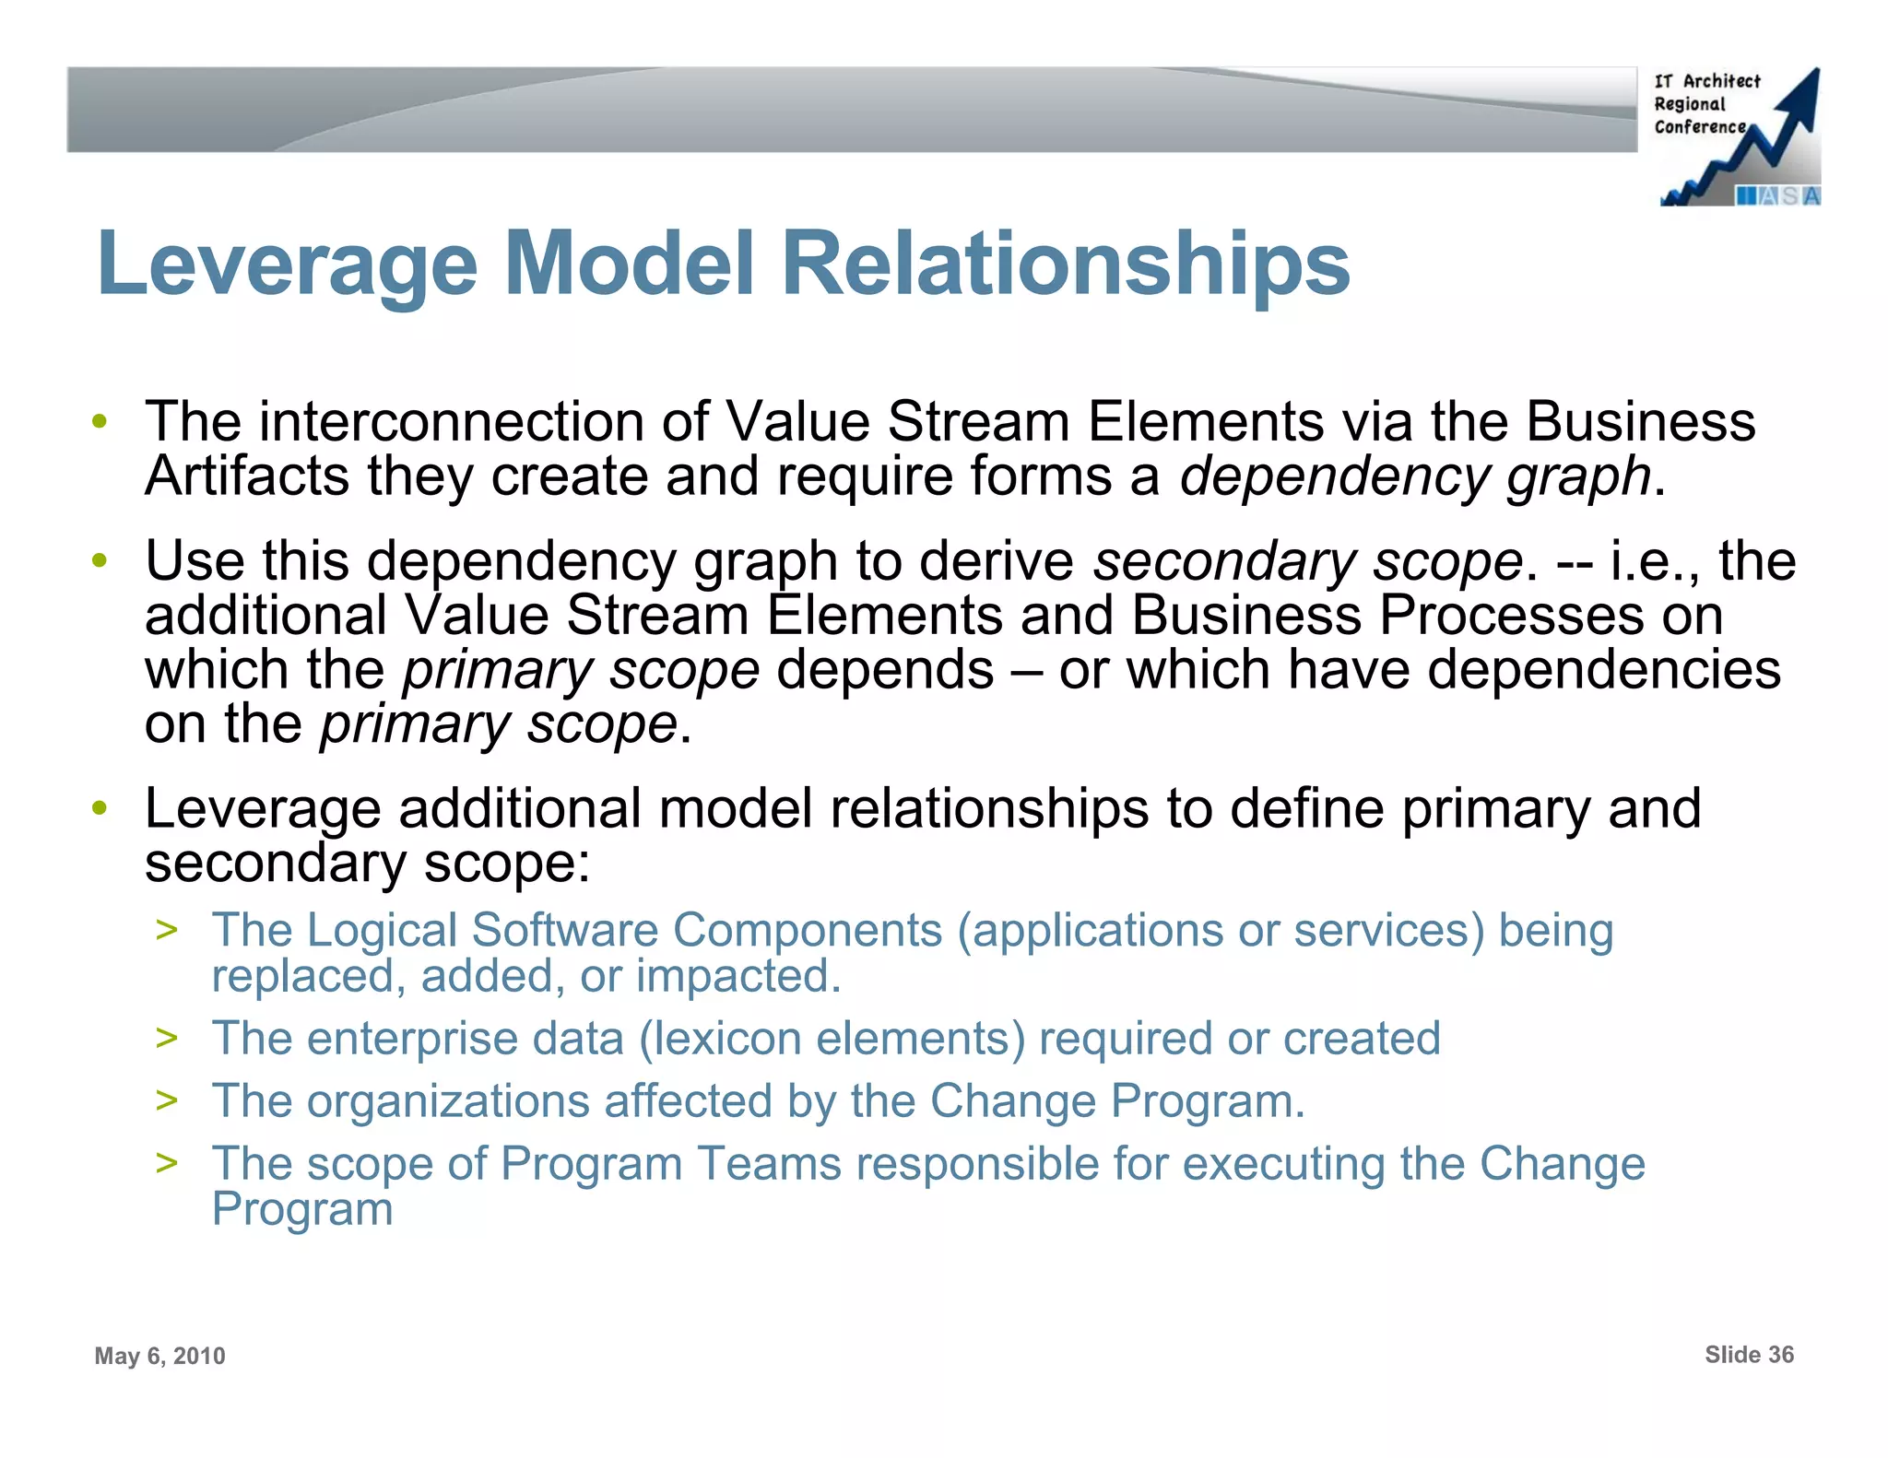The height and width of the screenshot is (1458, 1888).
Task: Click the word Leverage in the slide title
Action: coord(287,265)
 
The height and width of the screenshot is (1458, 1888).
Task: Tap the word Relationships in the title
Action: coord(1066,265)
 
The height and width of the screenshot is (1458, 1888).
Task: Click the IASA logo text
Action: coord(1777,195)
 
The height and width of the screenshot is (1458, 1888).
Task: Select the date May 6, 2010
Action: coord(159,1356)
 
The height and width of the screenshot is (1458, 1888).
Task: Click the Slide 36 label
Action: coord(1749,1354)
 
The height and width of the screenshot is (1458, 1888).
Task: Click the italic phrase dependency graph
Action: coord(1415,477)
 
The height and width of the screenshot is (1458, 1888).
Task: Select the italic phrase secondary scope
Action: coord(1307,561)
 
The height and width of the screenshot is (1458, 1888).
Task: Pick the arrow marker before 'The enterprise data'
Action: coord(167,1038)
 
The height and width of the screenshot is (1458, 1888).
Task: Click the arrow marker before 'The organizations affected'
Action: coord(167,1099)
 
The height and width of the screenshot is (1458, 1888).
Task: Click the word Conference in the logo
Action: coord(1699,127)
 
